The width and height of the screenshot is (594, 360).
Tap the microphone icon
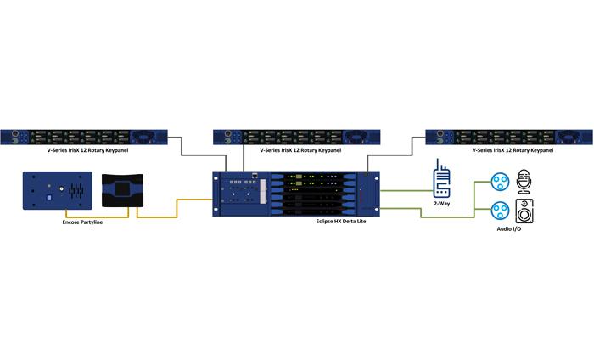[524, 181]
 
